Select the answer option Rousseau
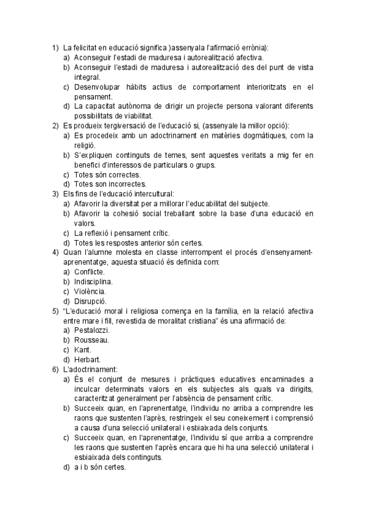tap(91, 340)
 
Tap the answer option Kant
tap(82, 349)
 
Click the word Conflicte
tap(89, 271)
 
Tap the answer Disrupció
tap(90, 301)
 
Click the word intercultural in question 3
tap(151, 193)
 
